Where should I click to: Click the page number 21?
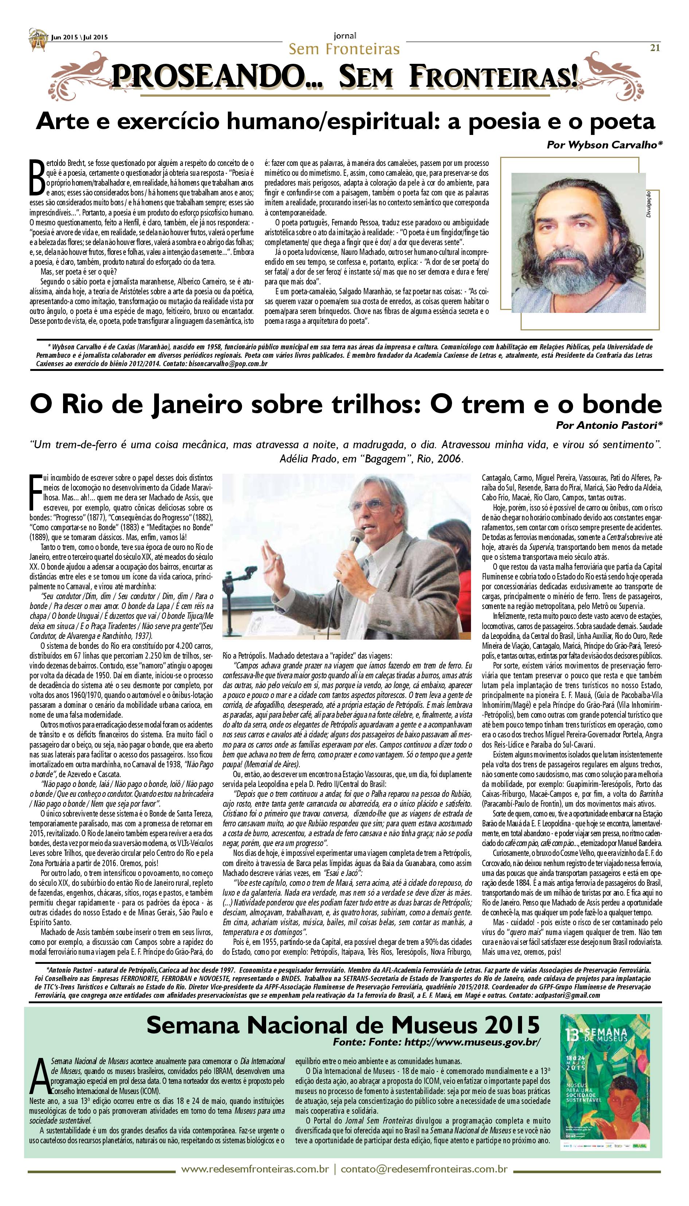pyautogui.click(x=655, y=47)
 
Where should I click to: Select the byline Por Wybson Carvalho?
pyautogui.click(x=604, y=145)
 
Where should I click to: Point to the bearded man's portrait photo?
pyautogui.click(x=578, y=243)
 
